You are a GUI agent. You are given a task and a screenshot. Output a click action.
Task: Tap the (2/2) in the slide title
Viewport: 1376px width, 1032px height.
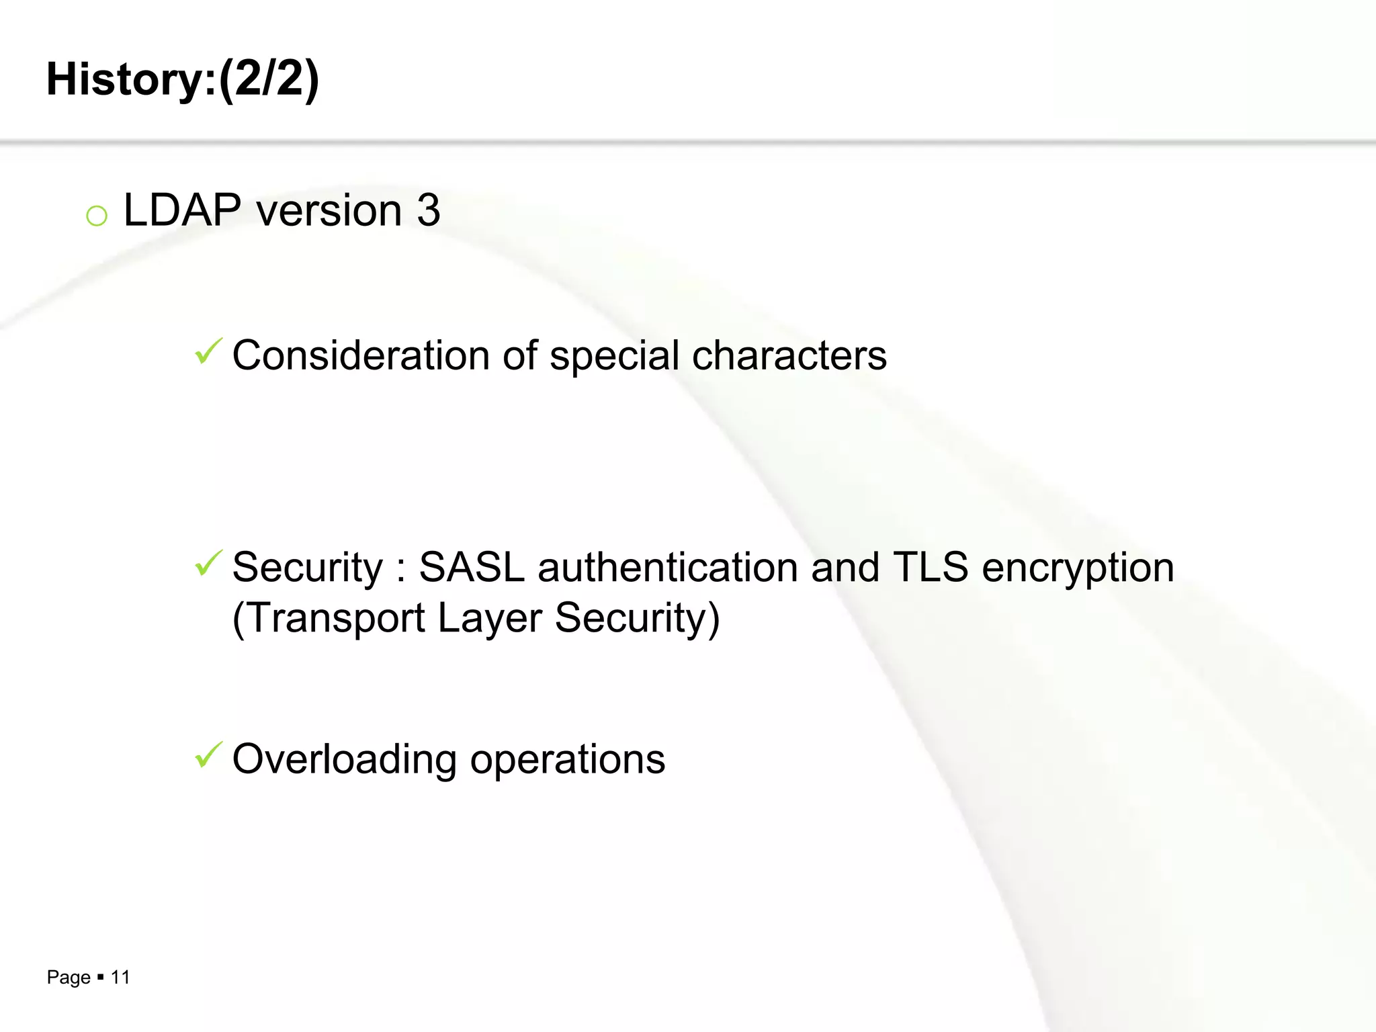(x=269, y=79)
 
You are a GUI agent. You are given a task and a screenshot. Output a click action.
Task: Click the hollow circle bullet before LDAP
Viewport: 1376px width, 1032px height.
(x=97, y=216)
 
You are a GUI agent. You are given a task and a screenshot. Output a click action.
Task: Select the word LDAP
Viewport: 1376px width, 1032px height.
(x=182, y=210)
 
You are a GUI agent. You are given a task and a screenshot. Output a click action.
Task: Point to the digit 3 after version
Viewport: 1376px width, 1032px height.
(x=428, y=210)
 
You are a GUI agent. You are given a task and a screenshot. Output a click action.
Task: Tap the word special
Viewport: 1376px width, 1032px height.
(x=614, y=355)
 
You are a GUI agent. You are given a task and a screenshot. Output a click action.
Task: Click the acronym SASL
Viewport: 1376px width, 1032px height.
(x=471, y=567)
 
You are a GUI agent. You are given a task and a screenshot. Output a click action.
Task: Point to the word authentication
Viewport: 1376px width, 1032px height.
(x=667, y=567)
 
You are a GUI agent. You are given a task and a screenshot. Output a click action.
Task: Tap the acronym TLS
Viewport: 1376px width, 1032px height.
(x=930, y=567)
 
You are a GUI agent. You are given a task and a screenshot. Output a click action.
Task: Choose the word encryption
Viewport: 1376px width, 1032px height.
(x=1078, y=568)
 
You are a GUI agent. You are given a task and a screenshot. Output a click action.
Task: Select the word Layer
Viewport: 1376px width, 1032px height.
(x=489, y=618)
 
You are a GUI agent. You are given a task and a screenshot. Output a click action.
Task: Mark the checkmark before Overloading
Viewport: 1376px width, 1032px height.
(x=208, y=755)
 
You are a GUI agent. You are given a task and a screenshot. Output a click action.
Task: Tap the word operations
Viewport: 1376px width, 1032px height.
(x=567, y=760)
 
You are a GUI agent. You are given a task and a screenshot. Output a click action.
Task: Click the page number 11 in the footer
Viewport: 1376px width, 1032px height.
(x=120, y=978)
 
